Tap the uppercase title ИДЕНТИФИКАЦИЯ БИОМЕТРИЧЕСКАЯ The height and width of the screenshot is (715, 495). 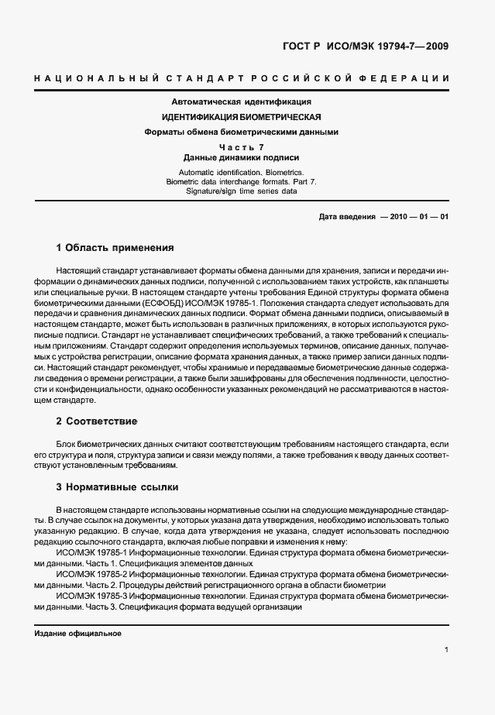coord(241,117)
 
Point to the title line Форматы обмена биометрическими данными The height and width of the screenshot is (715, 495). coord(241,132)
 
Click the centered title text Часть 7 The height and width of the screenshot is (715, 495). coord(241,147)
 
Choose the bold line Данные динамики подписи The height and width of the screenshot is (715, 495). coord(241,157)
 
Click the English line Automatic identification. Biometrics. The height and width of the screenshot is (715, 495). coord(241,171)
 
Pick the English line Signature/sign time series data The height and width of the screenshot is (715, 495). coord(241,190)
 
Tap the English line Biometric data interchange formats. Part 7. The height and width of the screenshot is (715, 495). coord(241,180)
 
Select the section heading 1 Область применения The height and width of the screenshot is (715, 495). coord(115,248)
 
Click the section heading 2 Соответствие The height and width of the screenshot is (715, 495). coord(97,421)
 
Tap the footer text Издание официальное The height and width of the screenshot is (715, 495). coord(78,634)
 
